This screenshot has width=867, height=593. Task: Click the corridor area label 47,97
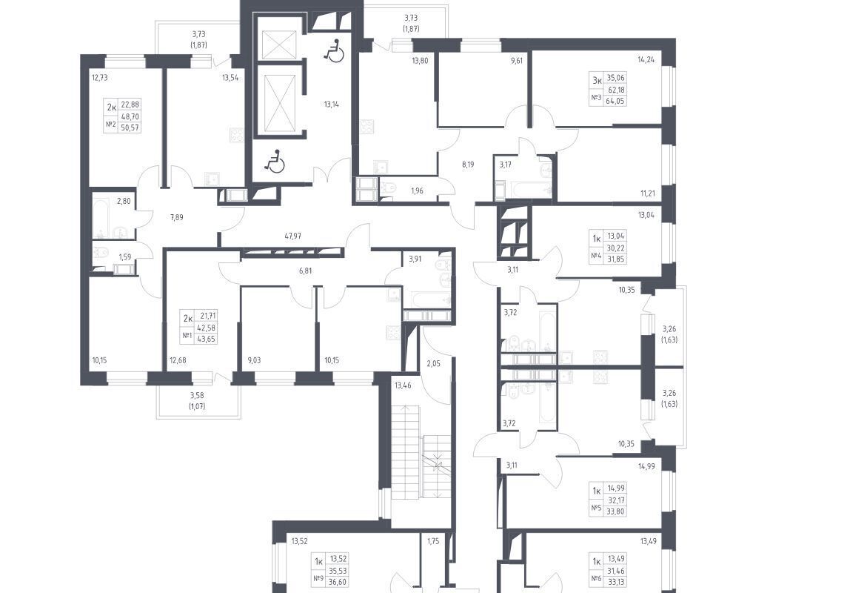coord(293,236)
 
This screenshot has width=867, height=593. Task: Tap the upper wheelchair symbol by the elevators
coord(334,52)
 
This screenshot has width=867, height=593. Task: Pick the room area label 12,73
coord(99,78)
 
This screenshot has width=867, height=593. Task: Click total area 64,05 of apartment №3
coord(615,100)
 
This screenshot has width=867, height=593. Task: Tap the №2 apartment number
coord(110,125)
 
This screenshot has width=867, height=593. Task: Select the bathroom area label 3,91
coord(415,258)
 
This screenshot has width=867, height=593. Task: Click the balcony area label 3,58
coord(197,395)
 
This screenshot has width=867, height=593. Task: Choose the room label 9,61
coord(516,62)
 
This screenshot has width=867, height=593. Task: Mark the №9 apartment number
coord(318,579)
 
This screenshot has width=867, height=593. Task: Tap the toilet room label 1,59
coord(126,257)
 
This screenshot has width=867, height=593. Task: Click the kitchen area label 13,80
coord(421,61)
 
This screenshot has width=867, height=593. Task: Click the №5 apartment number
coord(595,508)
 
